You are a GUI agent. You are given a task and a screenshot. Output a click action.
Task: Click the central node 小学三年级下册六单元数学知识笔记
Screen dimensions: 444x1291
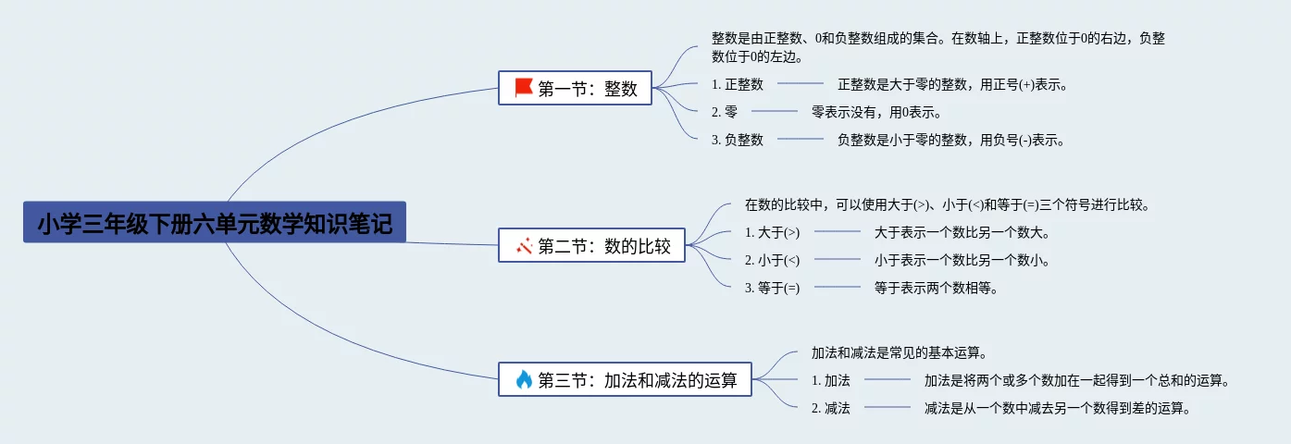(x=215, y=223)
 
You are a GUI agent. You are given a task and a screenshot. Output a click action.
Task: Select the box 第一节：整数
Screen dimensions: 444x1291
(x=575, y=89)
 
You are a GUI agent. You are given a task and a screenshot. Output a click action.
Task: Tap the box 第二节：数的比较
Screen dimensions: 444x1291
(x=592, y=246)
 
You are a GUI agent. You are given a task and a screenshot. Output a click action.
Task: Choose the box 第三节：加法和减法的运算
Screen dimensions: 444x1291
(x=625, y=379)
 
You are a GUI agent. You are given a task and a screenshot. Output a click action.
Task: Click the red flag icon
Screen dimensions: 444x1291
(x=524, y=88)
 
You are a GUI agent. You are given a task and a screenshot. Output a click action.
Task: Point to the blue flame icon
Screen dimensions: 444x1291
(x=524, y=379)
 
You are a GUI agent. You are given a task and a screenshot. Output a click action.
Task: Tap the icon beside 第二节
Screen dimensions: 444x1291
(x=524, y=246)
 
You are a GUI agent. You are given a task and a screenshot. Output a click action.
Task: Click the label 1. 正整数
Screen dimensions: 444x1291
(x=738, y=84)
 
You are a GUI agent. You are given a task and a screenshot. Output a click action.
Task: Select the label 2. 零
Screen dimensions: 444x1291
(x=725, y=112)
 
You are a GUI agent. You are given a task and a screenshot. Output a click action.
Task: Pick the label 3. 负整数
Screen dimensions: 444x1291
(x=738, y=140)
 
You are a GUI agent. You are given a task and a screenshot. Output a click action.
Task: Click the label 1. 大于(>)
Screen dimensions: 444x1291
(x=772, y=232)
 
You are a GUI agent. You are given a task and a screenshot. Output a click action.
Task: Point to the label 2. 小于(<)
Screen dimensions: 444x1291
(x=772, y=260)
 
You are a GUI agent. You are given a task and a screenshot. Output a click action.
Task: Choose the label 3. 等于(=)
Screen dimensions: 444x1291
(x=772, y=288)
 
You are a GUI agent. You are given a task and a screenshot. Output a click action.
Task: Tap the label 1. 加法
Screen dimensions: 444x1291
(x=830, y=380)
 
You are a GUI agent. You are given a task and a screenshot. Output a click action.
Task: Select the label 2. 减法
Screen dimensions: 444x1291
(x=830, y=408)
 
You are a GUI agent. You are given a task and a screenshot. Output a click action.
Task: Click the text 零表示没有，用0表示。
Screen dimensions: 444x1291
(x=876, y=112)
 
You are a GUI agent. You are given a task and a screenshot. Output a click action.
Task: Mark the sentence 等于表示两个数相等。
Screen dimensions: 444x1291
(x=936, y=288)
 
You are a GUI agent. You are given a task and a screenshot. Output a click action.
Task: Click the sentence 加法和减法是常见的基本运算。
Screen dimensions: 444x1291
(x=897, y=352)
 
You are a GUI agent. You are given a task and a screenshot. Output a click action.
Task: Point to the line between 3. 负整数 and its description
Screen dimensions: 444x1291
(x=801, y=140)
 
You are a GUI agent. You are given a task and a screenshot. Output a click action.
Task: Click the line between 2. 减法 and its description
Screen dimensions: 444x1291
(x=888, y=408)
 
